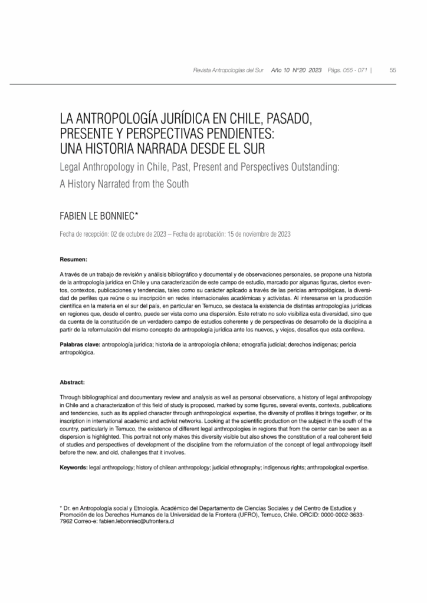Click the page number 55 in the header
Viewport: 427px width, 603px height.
pyautogui.click(x=393, y=70)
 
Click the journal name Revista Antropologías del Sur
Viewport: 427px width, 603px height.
pyautogui.click(x=228, y=70)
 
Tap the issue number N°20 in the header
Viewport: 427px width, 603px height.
pyautogui.click(x=298, y=70)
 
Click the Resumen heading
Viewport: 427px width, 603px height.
pyautogui.click(x=74, y=260)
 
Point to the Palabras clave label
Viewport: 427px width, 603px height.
pyautogui.click(x=80, y=343)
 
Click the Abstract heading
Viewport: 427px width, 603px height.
pyautogui.click(x=73, y=382)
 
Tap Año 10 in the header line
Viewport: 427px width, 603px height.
pyautogui.click(x=280, y=70)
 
